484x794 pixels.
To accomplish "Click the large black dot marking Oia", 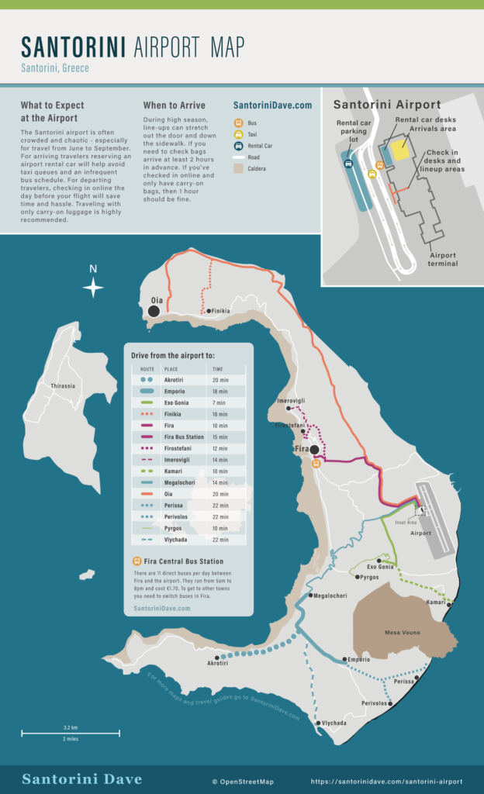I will tap(154, 311).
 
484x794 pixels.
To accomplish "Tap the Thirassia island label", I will tap(63, 386).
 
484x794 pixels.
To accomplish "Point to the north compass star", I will tap(93, 288).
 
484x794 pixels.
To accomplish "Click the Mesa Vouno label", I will tap(403, 633).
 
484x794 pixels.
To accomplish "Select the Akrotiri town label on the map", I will tap(217, 664).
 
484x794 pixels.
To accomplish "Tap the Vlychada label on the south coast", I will tap(334, 723).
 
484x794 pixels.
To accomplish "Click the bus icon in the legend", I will tap(239, 123).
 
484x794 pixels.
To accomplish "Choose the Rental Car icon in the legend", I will tap(239, 145).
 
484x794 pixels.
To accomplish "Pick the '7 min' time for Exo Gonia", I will tap(219, 403).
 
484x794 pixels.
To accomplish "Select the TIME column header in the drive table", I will tap(218, 370).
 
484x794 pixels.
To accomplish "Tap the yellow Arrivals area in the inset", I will tap(400, 148).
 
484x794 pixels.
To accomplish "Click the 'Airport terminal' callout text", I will tap(443, 260).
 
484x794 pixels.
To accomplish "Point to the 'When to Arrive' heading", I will tap(175, 105).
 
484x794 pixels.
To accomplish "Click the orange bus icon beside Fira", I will tap(316, 464).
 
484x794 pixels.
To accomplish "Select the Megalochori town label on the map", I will tap(330, 595).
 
